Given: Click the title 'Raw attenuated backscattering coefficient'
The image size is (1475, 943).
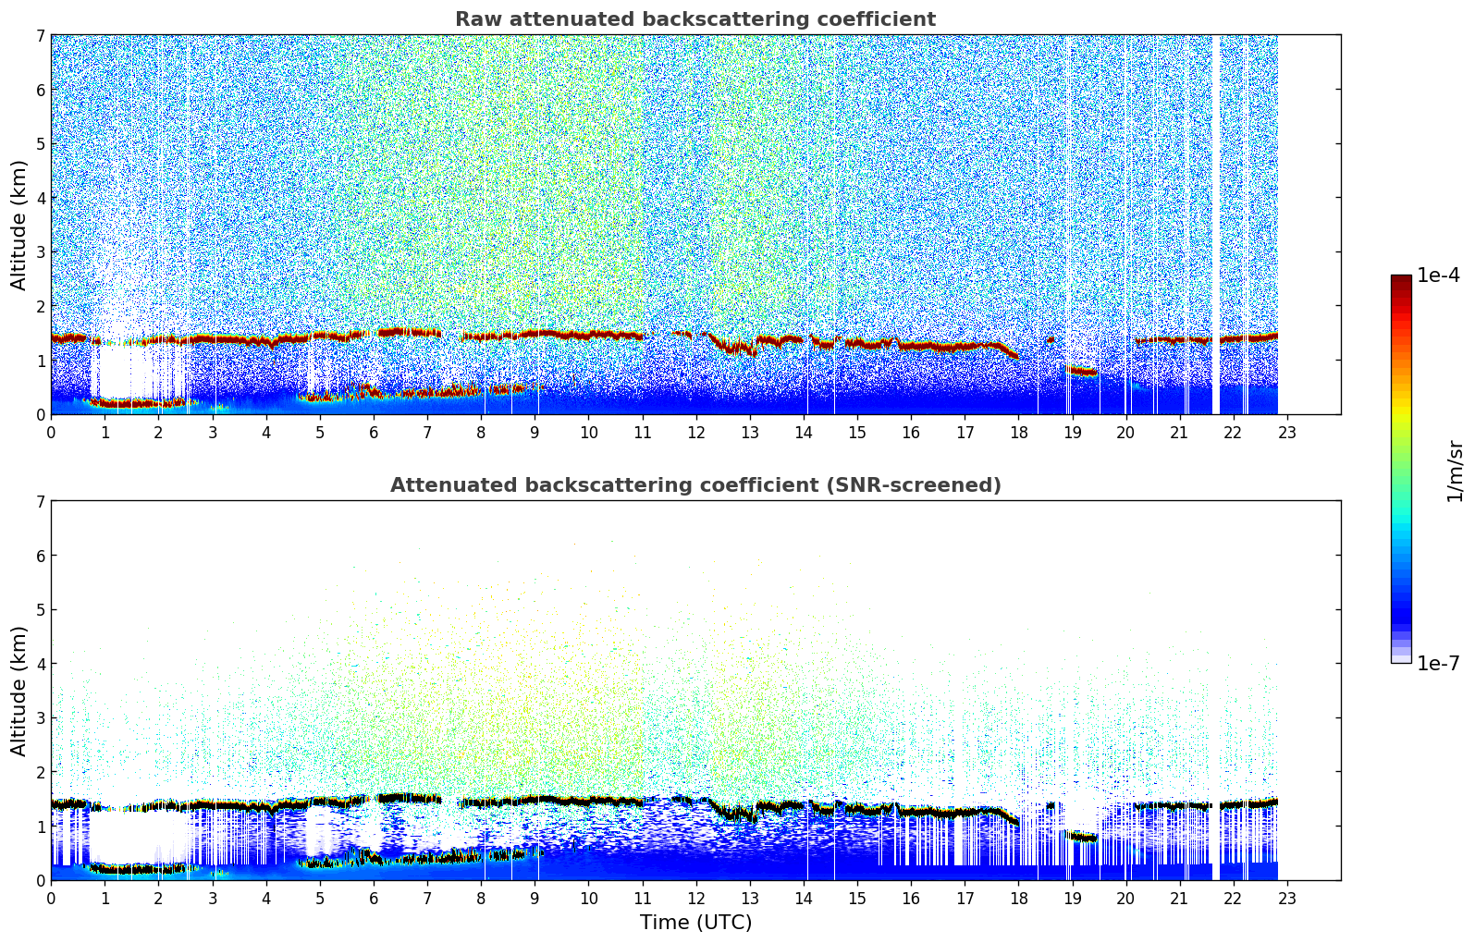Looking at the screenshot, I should click(x=694, y=19).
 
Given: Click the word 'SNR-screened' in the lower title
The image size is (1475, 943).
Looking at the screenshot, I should click(x=931, y=485).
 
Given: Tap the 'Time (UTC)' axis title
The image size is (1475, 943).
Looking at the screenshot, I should click(x=695, y=923).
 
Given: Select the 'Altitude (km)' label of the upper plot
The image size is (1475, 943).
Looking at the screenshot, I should click(x=19, y=225).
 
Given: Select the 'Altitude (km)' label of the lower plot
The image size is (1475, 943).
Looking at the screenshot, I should click(x=19, y=691).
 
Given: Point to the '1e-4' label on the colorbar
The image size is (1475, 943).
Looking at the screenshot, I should click(x=1438, y=276).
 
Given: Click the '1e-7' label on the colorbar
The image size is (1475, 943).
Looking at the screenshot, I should click(x=1438, y=663).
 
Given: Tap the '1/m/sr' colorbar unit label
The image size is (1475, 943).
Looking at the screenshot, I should click(x=1455, y=471).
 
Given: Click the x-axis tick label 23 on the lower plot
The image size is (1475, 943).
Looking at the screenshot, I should click(x=1287, y=899).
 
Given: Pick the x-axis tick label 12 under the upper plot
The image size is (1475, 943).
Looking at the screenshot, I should click(x=695, y=433).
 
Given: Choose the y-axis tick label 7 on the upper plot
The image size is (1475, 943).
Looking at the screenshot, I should click(x=40, y=36).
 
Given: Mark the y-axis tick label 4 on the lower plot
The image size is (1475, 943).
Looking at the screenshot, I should click(x=40, y=664).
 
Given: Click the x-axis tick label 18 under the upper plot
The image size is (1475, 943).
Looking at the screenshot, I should click(x=1018, y=433).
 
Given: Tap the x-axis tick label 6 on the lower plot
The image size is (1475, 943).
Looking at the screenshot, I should click(x=374, y=899).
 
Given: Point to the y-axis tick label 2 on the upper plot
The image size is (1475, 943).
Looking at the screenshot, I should click(x=40, y=306).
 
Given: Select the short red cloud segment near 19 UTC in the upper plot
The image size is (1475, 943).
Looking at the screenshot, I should click(x=1080, y=372).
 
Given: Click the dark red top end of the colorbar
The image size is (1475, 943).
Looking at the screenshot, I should click(x=1401, y=280).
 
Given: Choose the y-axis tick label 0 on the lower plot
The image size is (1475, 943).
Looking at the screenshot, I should click(x=40, y=880).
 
